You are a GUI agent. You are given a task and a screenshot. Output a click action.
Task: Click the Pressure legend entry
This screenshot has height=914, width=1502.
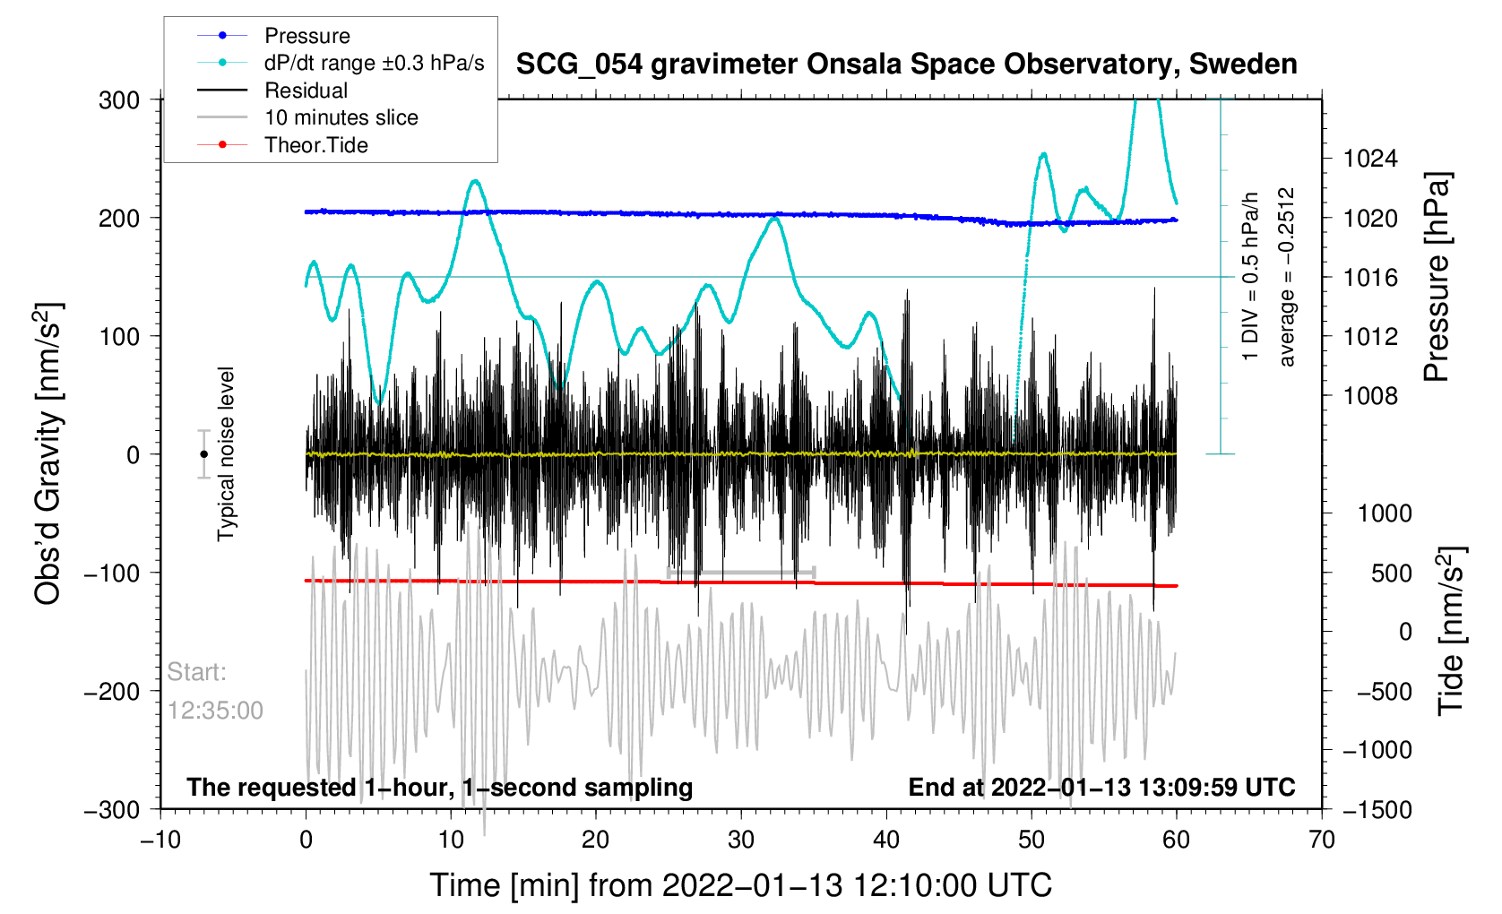click(306, 36)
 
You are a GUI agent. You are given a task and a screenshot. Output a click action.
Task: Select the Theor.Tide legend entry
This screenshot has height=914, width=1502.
click(315, 145)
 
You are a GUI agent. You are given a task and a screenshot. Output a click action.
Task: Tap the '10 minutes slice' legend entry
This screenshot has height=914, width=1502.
click(341, 117)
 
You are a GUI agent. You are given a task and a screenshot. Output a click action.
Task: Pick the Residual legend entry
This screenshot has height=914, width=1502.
click(306, 91)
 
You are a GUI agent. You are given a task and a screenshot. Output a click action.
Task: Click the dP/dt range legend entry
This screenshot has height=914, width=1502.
click(374, 63)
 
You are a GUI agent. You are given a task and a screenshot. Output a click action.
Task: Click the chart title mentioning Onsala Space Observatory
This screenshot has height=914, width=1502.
click(906, 65)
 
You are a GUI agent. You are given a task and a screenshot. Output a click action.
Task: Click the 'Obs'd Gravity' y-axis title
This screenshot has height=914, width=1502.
click(48, 453)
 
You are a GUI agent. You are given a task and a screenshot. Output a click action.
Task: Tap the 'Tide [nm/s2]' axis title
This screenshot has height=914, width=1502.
click(1451, 631)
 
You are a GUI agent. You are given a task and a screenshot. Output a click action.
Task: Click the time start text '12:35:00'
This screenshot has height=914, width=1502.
click(215, 711)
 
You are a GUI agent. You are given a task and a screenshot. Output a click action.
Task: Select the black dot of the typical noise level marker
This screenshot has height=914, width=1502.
click(204, 454)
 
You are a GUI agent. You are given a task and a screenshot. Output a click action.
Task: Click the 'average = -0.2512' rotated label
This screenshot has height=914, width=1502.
click(1287, 277)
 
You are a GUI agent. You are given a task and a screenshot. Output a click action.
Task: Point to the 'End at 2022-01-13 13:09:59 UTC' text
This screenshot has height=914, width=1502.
click(1101, 788)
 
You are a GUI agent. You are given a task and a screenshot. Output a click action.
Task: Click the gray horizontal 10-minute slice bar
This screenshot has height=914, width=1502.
click(741, 572)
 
